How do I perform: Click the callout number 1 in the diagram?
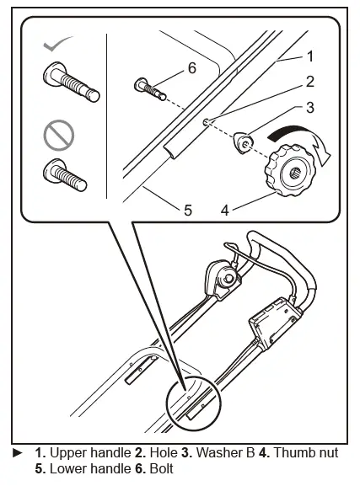309,56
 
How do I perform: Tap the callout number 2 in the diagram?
309,83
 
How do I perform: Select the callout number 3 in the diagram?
309,108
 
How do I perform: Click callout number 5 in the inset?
187,210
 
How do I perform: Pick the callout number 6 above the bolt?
191,68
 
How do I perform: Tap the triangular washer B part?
245,144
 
